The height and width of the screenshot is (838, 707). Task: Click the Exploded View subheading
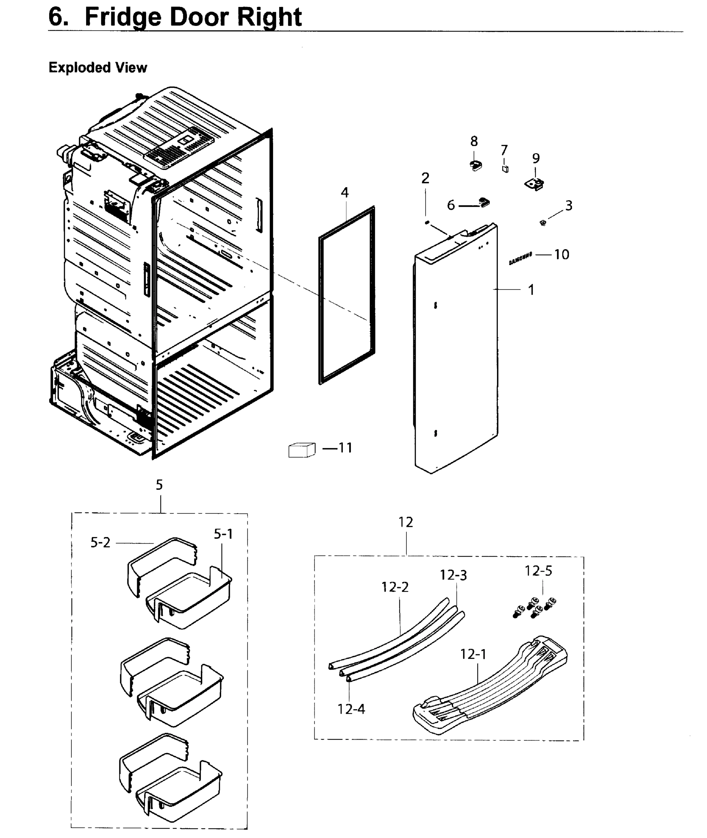(x=98, y=67)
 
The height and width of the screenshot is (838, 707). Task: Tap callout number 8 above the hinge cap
(x=474, y=141)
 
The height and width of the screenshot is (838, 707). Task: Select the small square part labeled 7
(x=505, y=169)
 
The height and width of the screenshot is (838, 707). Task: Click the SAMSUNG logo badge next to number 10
(x=520, y=258)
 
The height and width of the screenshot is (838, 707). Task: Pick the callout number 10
(x=562, y=254)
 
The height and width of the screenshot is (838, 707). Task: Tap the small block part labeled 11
(x=301, y=450)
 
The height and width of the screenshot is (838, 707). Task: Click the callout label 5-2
(x=100, y=542)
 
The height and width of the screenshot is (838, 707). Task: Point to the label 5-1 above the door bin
(x=223, y=534)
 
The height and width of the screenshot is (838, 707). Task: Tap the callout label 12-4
(x=351, y=709)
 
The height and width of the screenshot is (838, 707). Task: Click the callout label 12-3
(x=453, y=575)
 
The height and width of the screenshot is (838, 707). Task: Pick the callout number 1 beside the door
(x=531, y=289)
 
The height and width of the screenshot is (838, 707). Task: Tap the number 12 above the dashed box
(x=406, y=522)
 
